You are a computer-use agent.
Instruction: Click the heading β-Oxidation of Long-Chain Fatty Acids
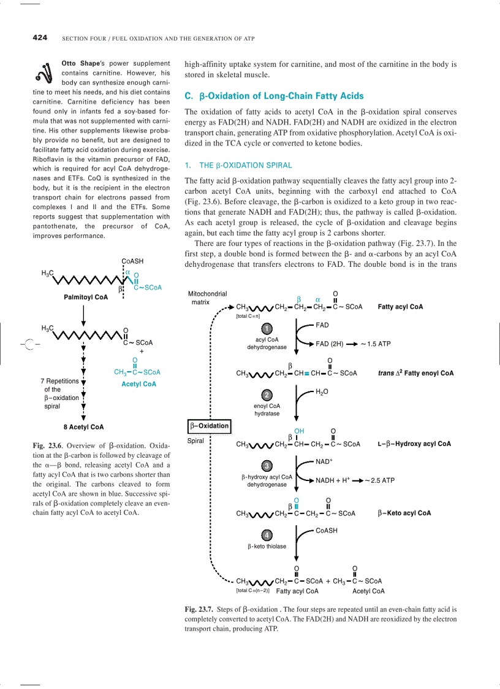tap(274, 96)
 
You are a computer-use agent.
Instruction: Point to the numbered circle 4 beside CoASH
tap(267, 535)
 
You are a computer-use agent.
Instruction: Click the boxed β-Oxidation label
tap(208, 425)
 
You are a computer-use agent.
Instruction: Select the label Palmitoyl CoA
tap(86, 298)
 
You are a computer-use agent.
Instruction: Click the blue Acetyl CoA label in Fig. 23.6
tap(139, 384)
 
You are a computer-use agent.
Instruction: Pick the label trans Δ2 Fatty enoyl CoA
tap(415, 373)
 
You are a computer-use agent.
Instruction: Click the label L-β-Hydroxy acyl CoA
tap(414, 444)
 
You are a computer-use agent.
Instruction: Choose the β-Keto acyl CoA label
tap(404, 514)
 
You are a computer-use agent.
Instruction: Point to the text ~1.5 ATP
tap(376, 344)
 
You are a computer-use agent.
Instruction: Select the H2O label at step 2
tap(322, 391)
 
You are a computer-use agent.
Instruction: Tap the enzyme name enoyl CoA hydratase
tap(267, 410)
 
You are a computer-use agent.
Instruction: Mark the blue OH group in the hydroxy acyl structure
tap(299, 431)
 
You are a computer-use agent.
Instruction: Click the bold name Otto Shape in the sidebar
tap(82, 63)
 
